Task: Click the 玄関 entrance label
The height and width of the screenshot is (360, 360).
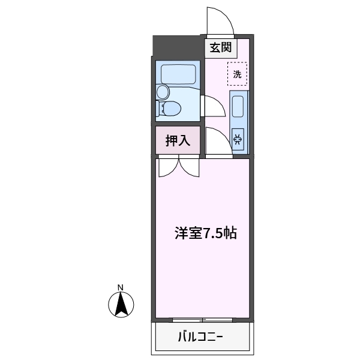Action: (x=221, y=47)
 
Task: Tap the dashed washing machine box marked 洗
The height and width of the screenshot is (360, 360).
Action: (x=238, y=74)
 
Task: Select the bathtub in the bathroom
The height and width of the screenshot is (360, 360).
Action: (x=178, y=74)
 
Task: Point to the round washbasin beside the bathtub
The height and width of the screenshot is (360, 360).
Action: (x=163, y=92)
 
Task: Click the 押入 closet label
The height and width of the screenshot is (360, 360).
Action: (x=178, y=140)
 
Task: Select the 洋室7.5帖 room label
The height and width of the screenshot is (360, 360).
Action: (x=206, y=233)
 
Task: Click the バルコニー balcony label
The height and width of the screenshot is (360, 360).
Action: (x=200, y=337)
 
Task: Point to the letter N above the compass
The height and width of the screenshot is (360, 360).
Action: (x=121, y=287)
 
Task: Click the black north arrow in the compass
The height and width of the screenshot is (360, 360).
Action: (x=121, y=305)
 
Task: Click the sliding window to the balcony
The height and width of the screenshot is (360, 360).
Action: (x=202, y=320)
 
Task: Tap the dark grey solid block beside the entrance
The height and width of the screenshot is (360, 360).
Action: (x=178, y=47)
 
